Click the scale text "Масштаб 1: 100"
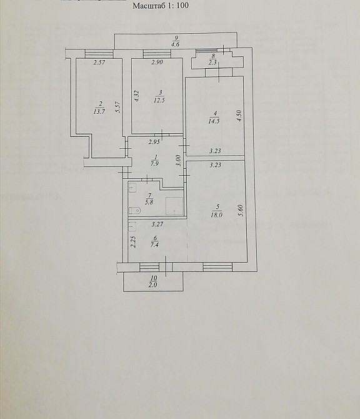pyautogui.click(x=161, y=6)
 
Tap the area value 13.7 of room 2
pyautogui.click(x=99, y=111)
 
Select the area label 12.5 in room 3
pyautogui.click(x=159, y=100)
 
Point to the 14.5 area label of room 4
pyautogui.click(x=214, y=121)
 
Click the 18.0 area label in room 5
pyautogui.click(x=216, y=215)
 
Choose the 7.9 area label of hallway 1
pyautogui.click(x=154, y=164)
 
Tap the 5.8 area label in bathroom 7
pyautogui.click(x=149, y=202)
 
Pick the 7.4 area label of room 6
pyautogui.click(x=154, y=245)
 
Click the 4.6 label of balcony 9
pyautogui.click(x=175, y=44)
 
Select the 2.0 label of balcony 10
pyautogui.click(x=152, y=285)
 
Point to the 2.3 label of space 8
pyautogui.click(x=213, y=63)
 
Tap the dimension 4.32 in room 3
pyautogui.click(x=136, y=96)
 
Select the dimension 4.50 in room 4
pyautogui.click(x=239, y=116)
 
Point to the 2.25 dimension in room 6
pyautogui.click(x=134, y=242)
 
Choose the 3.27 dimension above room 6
pyautogui.click(x=157, y=225)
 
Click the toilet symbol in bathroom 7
pyautogui.click(x=134, y=211)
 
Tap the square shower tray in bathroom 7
pyautogui.click(x=174, y=206)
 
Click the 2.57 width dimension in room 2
pyautogui.click(x=99, y=63)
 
